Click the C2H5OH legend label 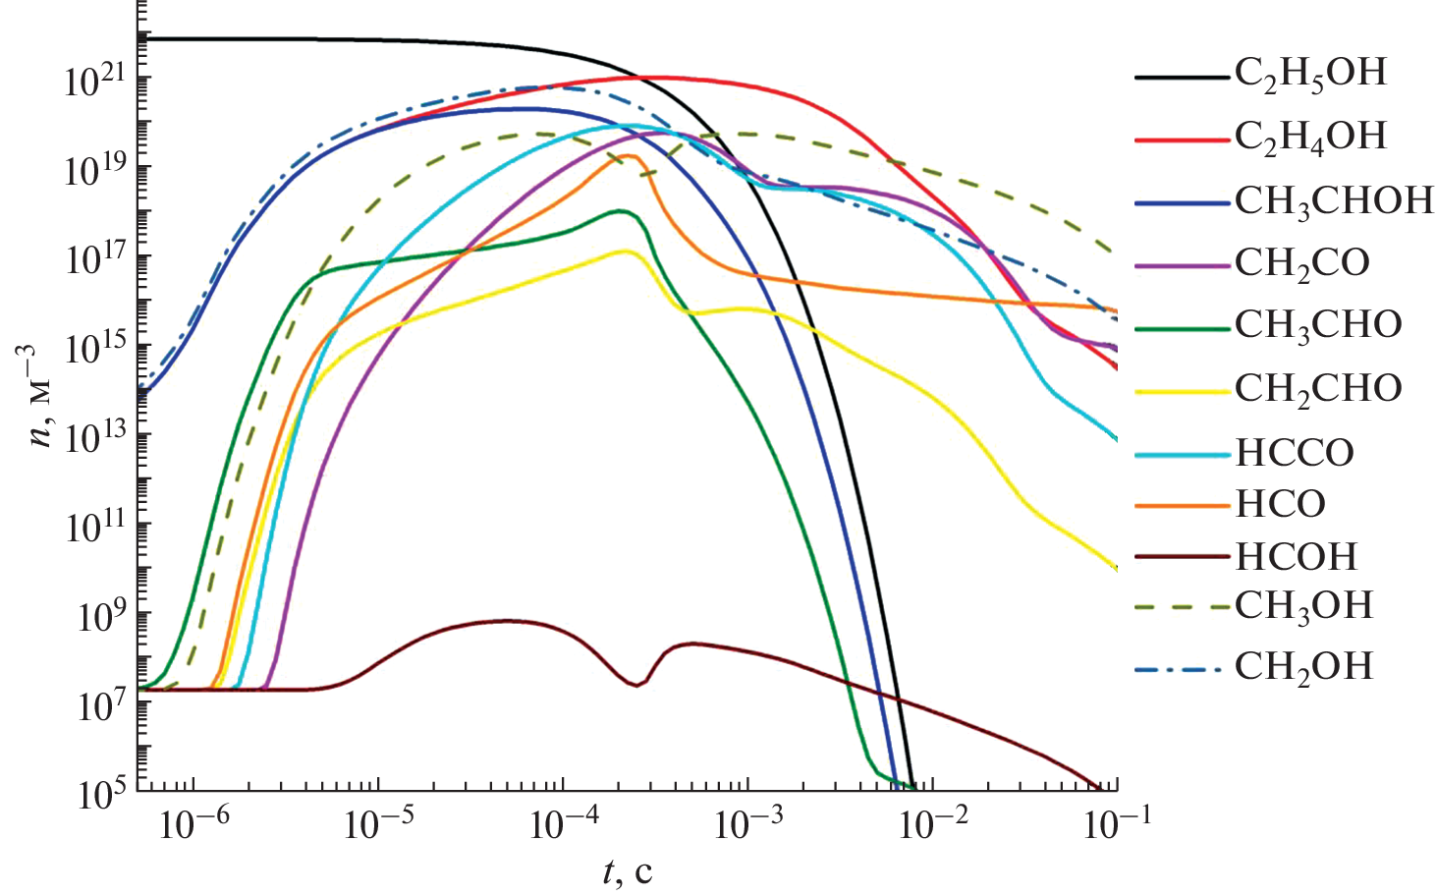click(x=1309, y=75)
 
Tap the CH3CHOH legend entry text click(x=1333, y=202)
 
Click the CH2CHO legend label click(x=1317, y=390)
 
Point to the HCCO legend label click(x=1294, y=453)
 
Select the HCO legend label click(x=1280, y=504)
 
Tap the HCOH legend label click(x=1296, y=557)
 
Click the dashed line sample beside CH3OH click(x=1182, y=607)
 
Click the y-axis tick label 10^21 click(x=95, y=81)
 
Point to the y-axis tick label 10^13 click(x=95, y=437)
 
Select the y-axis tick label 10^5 click(x=101, y=792)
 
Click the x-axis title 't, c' click(x=627, y=870)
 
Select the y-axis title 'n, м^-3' click(x=41, y=395)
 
